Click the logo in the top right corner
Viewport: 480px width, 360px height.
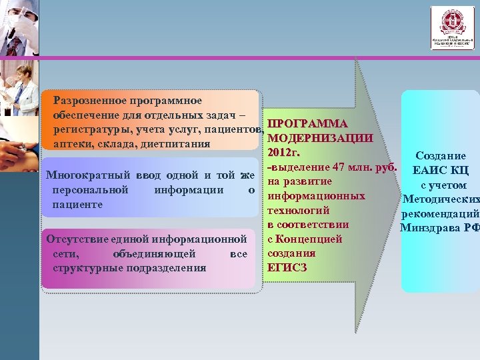(x=452, y=28)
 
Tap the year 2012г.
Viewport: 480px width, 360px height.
(x=285, y=153)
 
